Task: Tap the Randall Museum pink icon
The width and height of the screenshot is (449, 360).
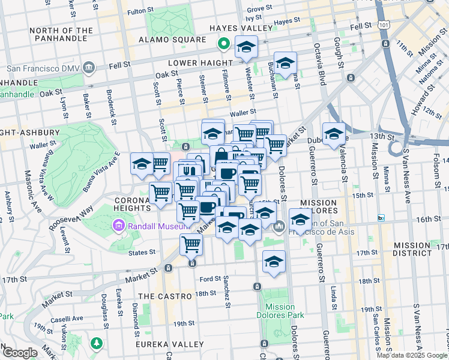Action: [x=118, y=226]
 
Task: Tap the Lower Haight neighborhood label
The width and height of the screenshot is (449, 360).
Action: [x=200, y=62]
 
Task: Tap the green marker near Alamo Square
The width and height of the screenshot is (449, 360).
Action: [x=223, y=43]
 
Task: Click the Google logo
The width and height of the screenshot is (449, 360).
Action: [x=19, y=353]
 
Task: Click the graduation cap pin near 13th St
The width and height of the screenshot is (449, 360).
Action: [x=333, y=134]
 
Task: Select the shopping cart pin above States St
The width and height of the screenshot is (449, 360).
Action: [x=191, y=244]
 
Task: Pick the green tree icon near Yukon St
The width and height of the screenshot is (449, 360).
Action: [x=96, y=343]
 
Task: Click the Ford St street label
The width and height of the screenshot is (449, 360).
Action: [x=210, y=279]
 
